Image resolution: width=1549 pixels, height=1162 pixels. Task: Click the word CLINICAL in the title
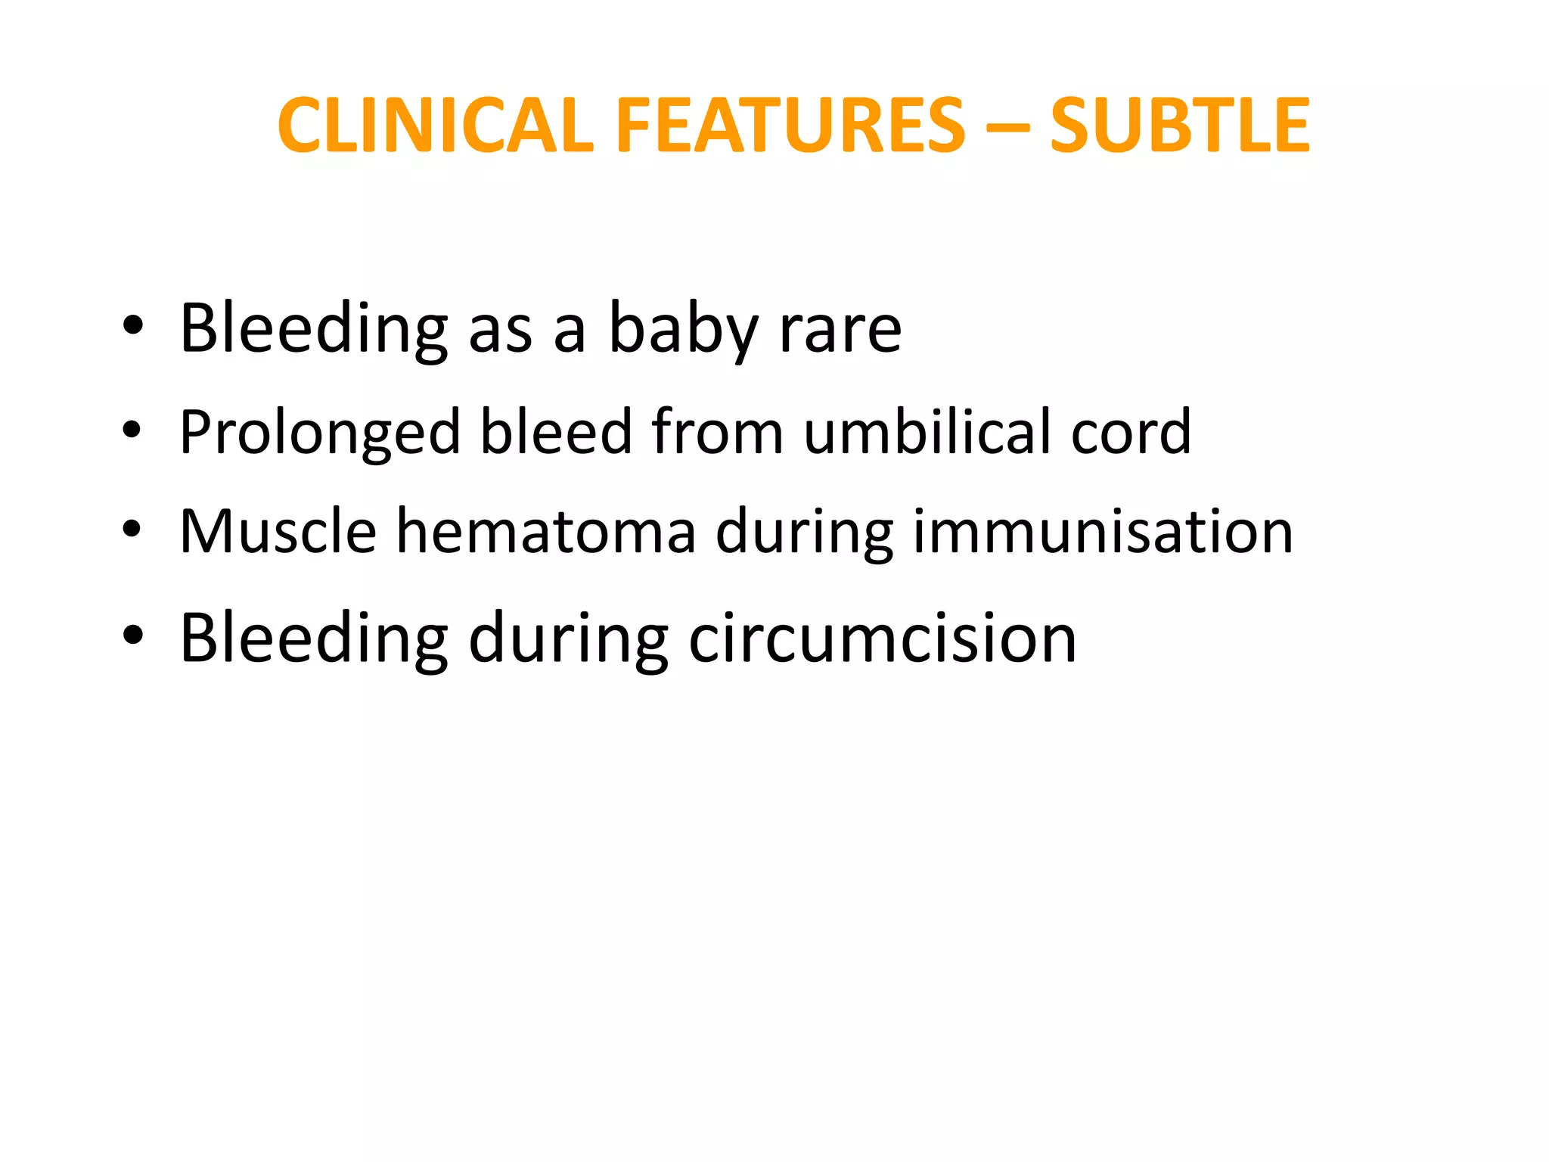(x=436, y=126)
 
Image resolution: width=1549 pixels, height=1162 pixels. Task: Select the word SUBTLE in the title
(x=1180, y=126)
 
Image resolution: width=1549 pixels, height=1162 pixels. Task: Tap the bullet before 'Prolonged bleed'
(x=132, y=430)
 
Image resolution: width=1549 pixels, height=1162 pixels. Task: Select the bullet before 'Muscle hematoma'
(x=132, y=530)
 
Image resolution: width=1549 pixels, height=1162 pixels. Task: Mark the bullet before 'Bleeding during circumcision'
(x=132, y=637)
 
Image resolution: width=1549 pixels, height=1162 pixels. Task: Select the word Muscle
(x=278, y=531)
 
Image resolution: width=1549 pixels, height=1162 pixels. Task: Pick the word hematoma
(x=546, y=531)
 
